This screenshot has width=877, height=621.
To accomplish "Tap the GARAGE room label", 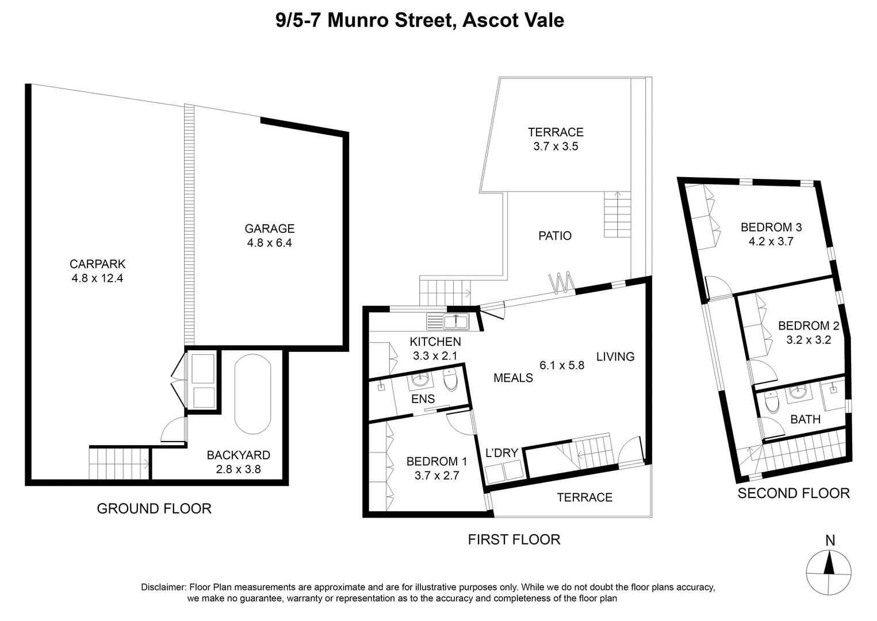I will coord(269,229).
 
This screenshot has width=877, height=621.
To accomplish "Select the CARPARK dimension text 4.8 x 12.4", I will coord(97,279).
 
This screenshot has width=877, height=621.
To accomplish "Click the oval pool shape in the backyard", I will coord(253,394).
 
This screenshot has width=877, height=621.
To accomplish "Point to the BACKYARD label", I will coord(238,455).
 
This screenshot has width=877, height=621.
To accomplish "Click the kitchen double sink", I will coord(448,321).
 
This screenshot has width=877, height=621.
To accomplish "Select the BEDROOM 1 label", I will coord(436,461).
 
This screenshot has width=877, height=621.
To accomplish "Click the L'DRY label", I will coord(501,453).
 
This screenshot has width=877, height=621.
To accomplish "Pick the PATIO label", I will coord(554,236).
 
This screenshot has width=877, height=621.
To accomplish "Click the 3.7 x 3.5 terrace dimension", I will coord(555,147).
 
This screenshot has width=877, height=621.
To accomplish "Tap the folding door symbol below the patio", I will coord(561,282).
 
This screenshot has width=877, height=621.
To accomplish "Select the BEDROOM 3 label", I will coord(771,227).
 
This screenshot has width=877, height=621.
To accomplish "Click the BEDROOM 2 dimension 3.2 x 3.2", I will coord(808,340).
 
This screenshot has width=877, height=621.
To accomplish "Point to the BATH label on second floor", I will coord(805,419).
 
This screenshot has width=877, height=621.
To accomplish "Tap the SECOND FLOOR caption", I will coord(793,493).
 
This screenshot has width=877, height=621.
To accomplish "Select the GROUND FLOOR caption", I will coord(154,508).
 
